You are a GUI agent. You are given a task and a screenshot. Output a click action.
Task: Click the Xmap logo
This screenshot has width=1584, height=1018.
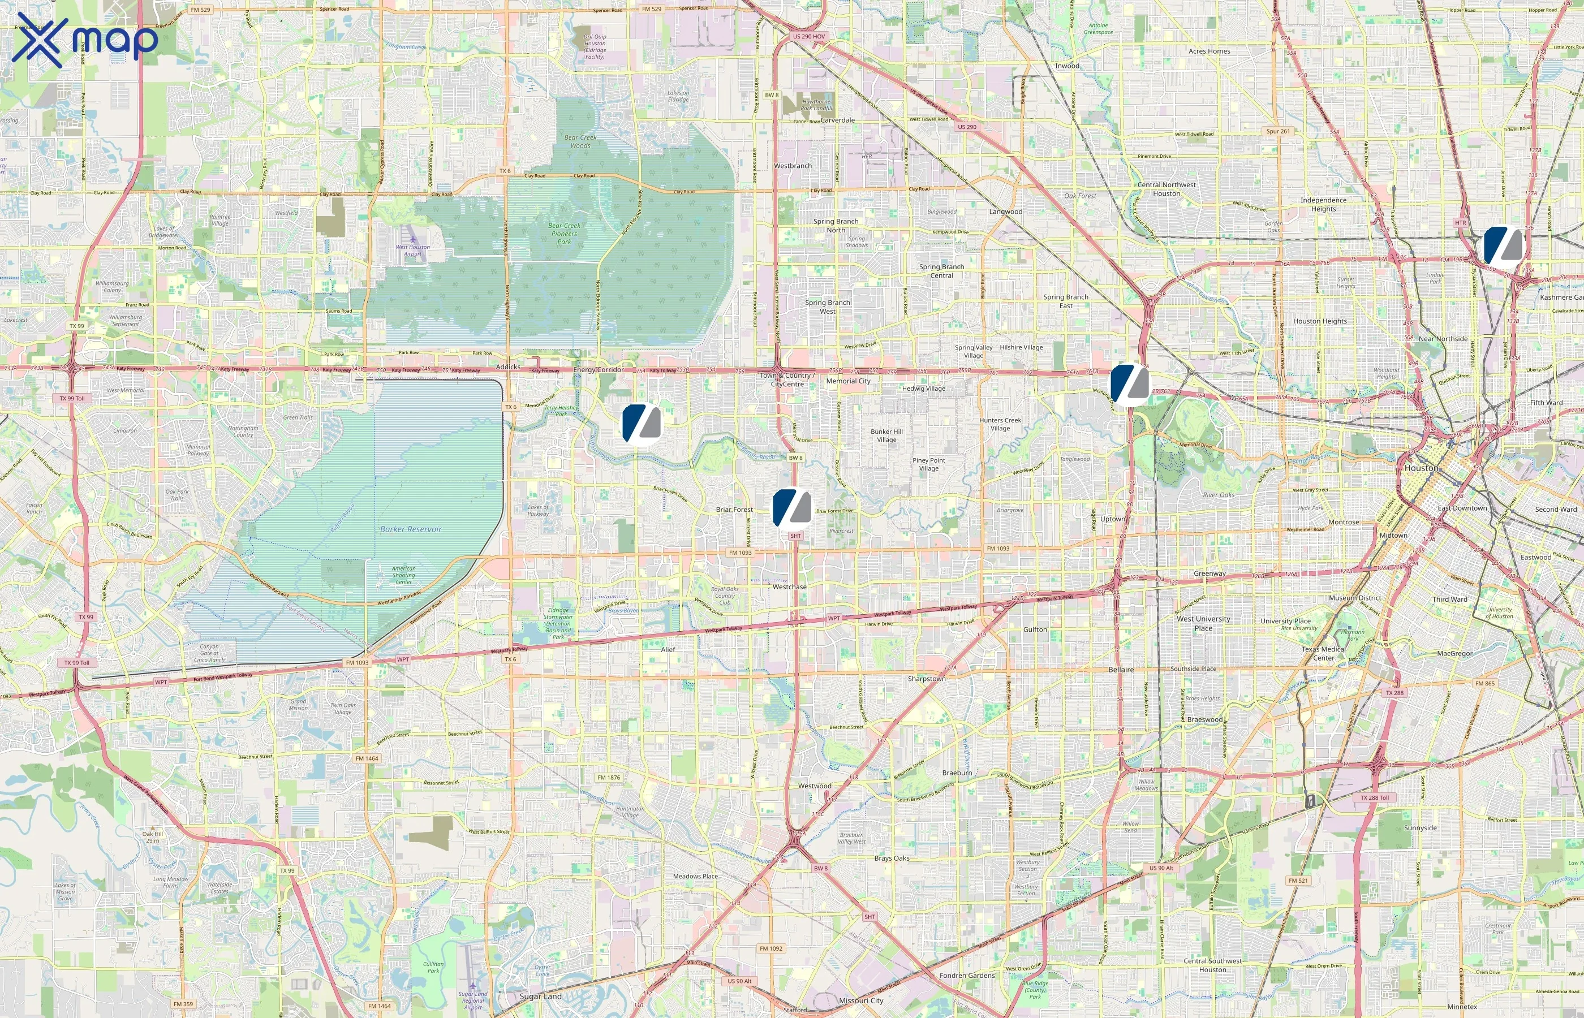coord(85,40)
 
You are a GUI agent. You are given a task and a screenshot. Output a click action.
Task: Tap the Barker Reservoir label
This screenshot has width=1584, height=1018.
coord(411,529)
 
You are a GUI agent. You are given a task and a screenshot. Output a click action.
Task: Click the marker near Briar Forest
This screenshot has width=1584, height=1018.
coord(792,508)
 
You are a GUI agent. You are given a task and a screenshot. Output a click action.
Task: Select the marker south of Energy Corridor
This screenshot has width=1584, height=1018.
coord(642,423)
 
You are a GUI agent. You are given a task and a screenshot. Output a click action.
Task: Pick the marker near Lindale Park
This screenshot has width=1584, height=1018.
coord(1503,246)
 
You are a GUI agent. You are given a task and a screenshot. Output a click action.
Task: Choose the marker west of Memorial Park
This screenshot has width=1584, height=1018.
coord(1129,383)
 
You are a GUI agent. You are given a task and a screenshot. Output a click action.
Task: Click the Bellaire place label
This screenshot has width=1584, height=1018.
coord(1121,670)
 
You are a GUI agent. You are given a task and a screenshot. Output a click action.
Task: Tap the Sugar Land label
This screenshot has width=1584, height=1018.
coord(540,996)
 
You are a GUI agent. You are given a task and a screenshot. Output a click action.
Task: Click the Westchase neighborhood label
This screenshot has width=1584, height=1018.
coord(789,587)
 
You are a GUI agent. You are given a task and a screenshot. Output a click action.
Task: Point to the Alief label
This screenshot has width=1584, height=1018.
coord(668,649)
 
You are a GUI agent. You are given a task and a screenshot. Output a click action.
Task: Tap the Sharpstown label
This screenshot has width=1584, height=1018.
coord(926,679)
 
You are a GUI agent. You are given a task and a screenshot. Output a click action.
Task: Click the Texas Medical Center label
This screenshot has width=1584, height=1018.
coord(1324,653)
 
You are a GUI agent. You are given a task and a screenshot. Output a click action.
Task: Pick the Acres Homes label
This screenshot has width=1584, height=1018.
coord(1209,51)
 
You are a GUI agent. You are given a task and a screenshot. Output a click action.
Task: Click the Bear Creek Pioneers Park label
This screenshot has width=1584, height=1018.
coord(564,234)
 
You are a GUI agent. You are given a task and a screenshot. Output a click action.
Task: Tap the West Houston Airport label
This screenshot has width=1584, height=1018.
coord(412,250)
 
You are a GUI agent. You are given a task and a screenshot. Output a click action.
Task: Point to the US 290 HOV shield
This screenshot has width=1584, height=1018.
coord(808,36)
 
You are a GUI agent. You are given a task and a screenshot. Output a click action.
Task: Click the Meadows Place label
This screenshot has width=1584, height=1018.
coord(695,876)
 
